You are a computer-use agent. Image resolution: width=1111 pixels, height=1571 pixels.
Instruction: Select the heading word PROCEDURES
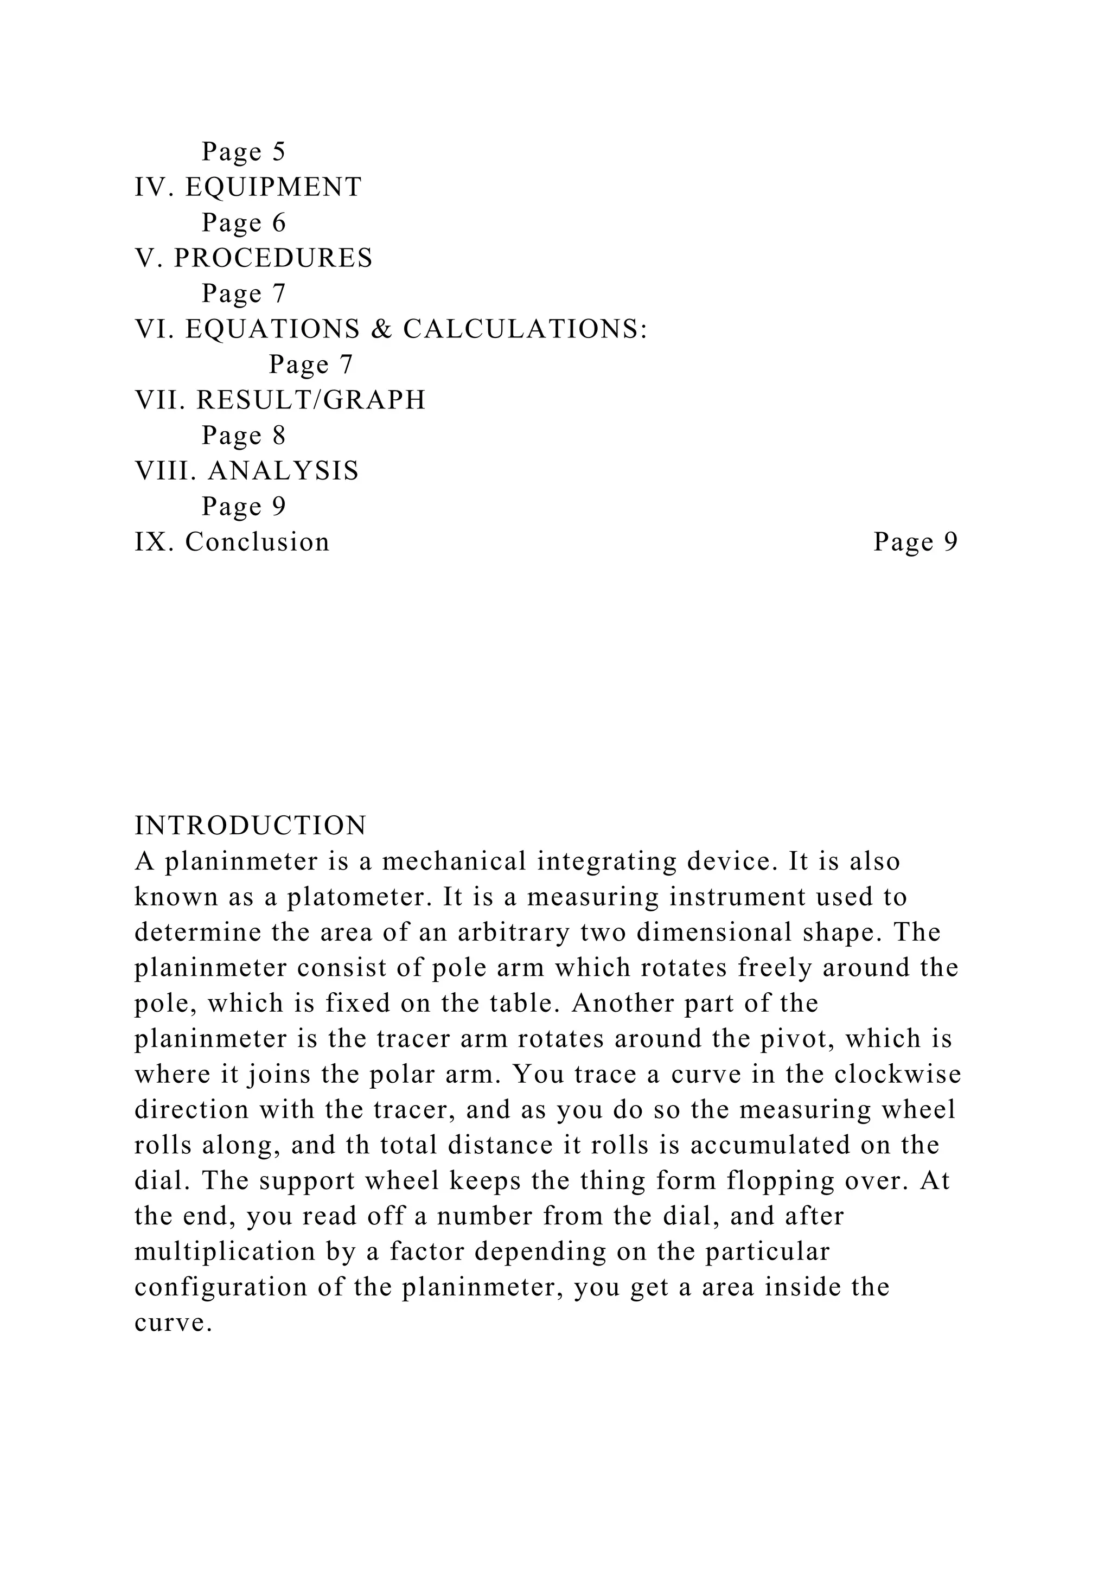(x=273, y=258)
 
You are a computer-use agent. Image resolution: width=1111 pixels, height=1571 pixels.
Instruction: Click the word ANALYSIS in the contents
(x=283, y=471)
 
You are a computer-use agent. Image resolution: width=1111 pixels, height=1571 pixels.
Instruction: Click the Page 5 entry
(x=244, y=151)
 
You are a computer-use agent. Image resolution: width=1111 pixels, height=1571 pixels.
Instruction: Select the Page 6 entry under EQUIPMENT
(x=244, y=222)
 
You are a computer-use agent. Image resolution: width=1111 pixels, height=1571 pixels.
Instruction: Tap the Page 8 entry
(x=244, y=435)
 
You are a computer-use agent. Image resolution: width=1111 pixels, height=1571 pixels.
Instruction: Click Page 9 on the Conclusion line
(x=915, y=542)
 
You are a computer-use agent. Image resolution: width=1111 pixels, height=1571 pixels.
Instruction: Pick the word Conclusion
(x=257, y=542)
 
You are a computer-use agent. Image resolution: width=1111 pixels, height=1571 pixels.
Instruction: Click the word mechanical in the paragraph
(x=454, y=861)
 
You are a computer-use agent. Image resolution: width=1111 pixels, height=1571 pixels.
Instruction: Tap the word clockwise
(x=898, y=1074)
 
